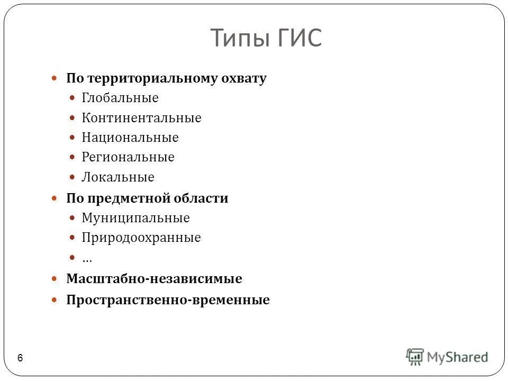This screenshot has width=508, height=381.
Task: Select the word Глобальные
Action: [120, 98]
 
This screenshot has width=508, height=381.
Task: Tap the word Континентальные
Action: [141, 118]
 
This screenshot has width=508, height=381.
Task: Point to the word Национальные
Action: [130, 138]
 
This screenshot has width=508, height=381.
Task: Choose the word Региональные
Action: [128, 158]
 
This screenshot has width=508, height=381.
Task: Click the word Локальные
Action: [118, 177]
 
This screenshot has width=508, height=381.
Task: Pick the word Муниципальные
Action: [135, 218]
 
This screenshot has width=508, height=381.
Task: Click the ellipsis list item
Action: [87, 259]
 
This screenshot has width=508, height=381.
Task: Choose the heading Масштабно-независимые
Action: [154, 279]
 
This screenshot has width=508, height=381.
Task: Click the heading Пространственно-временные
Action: [168, 301]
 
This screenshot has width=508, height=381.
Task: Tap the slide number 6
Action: [20, 358]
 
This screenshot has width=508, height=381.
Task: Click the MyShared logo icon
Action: [415, 356]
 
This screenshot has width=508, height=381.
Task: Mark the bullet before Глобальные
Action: [72, 98]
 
